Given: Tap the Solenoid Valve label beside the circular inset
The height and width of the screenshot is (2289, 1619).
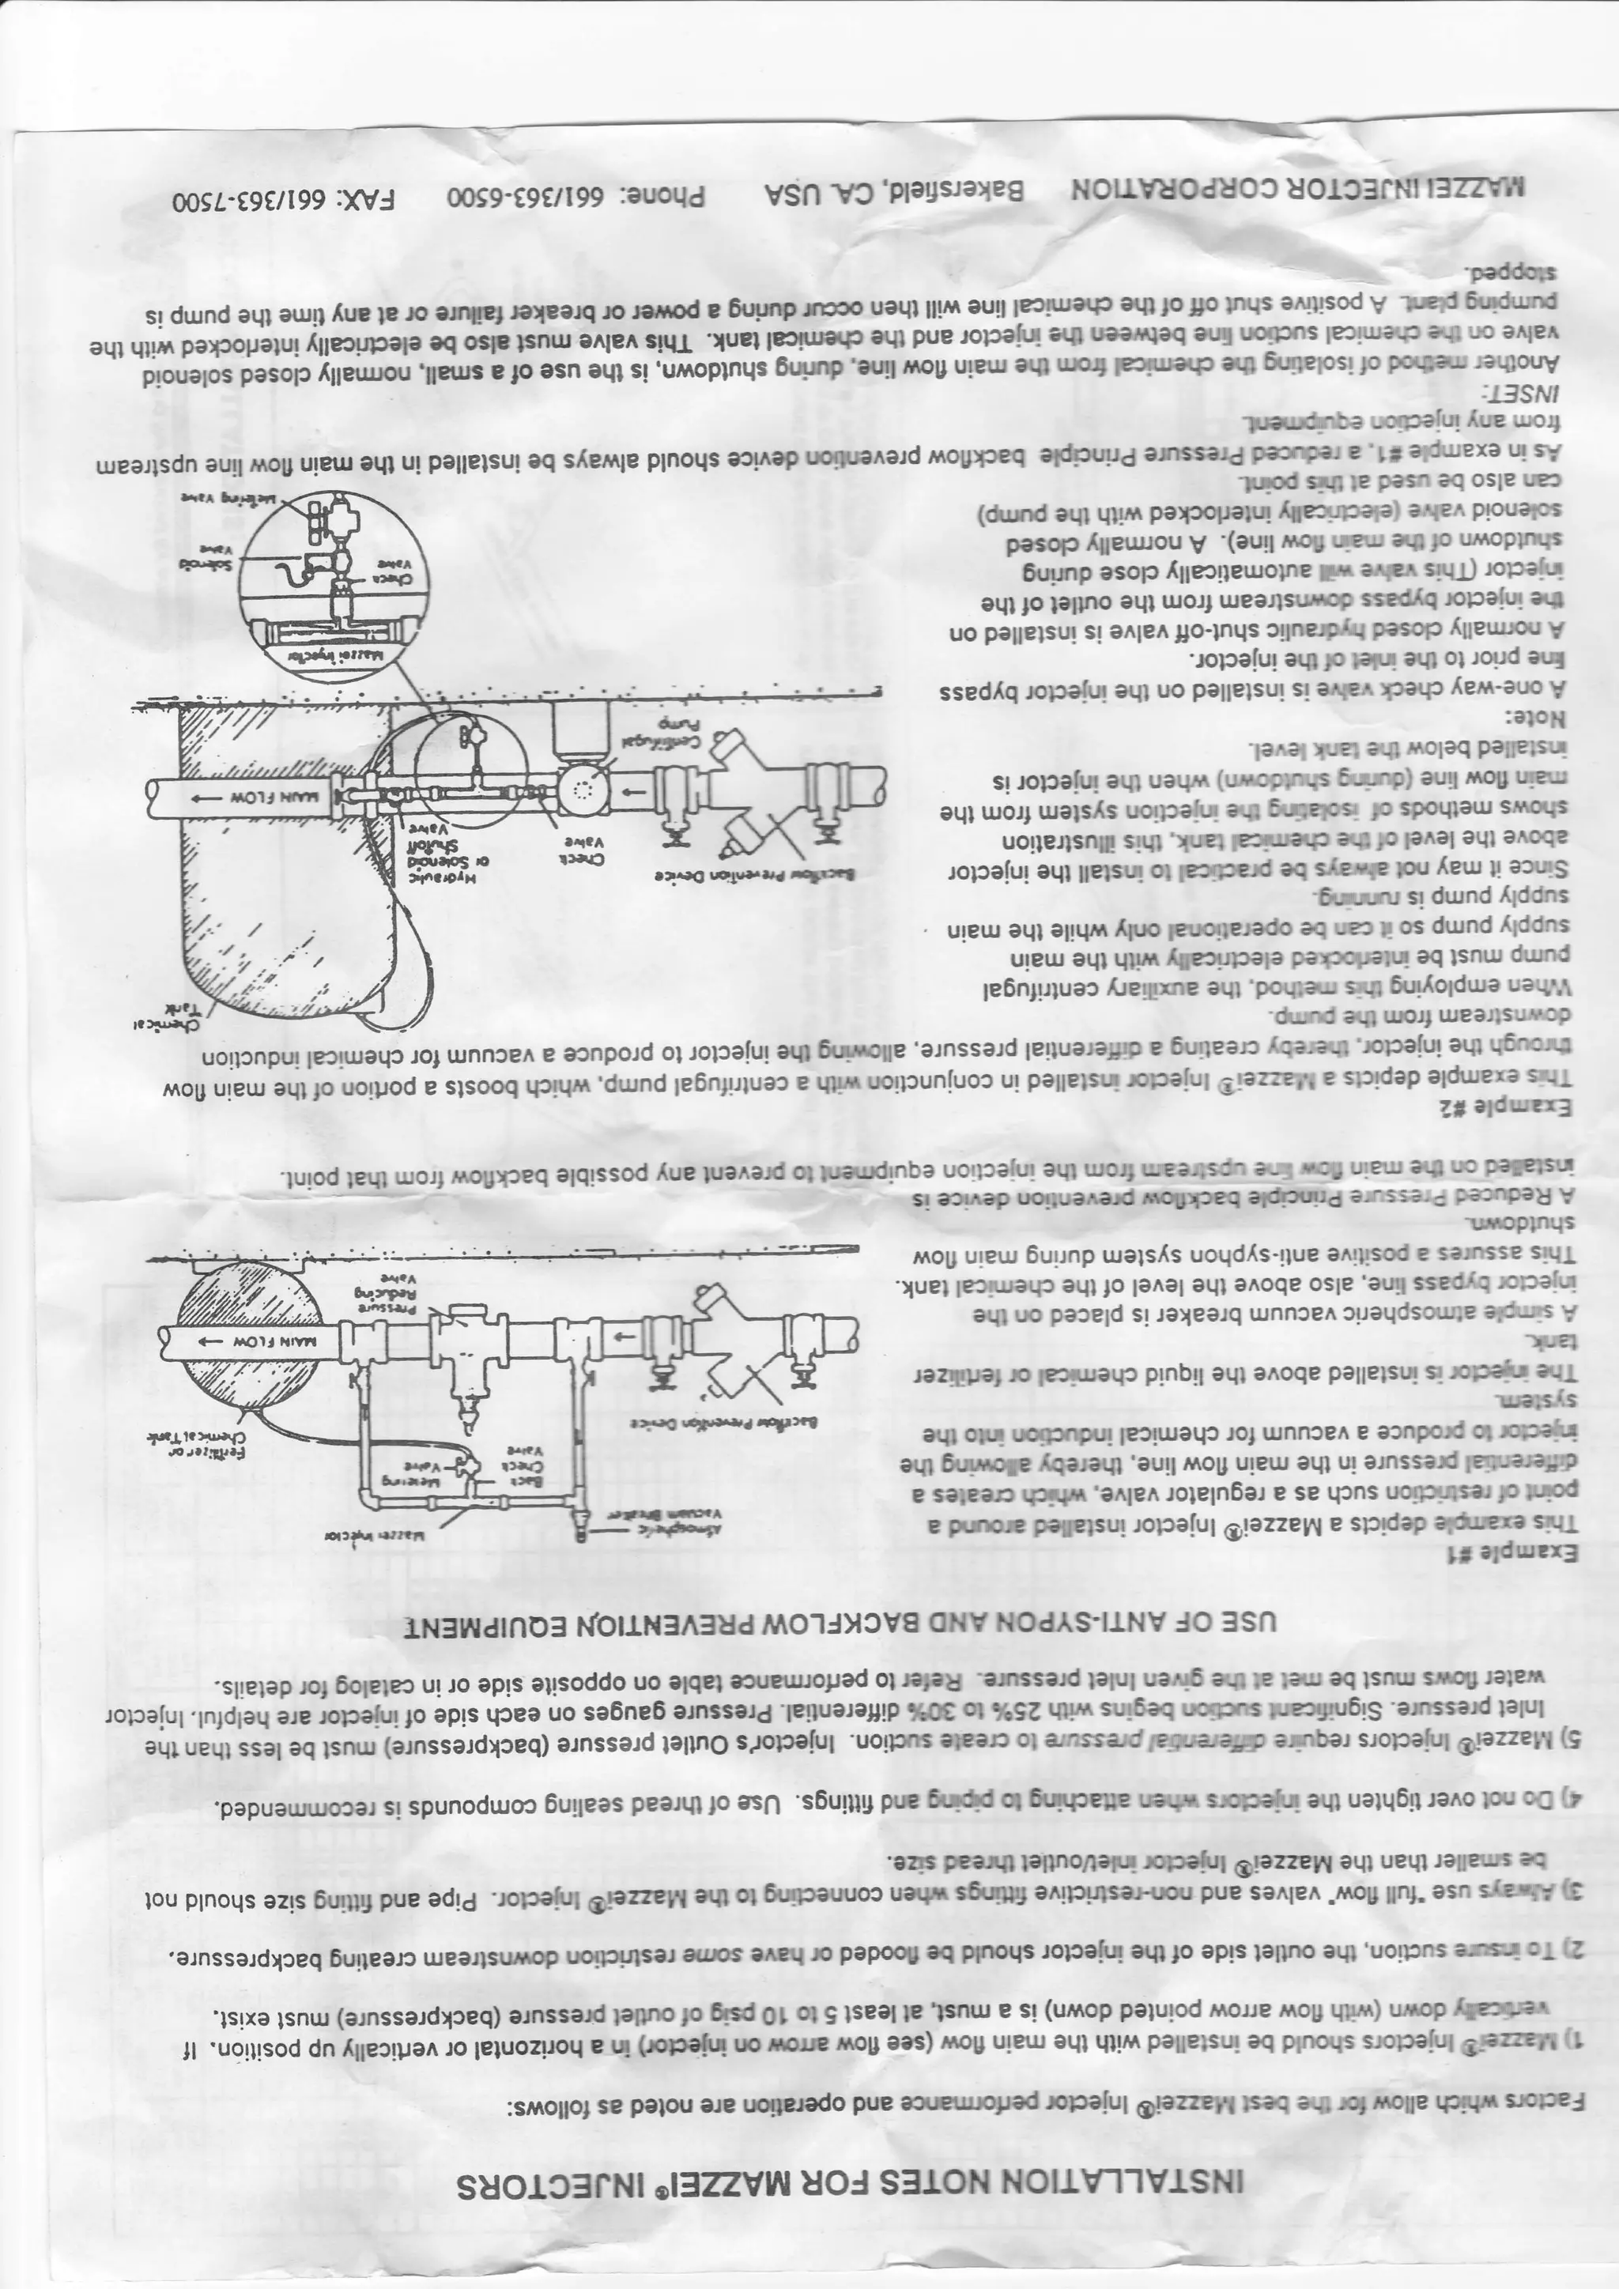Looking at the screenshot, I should click(211, 557).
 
